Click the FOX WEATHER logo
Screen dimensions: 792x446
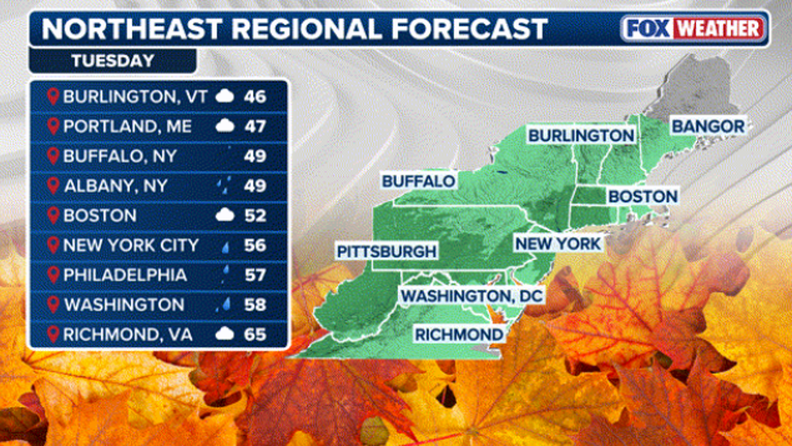coord(694,28)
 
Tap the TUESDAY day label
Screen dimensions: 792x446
coord(112,61)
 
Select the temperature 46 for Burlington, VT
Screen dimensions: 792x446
coord(255,96)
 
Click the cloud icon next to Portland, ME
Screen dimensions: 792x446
coord(225,126)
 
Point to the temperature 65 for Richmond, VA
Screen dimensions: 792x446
coord(255,334)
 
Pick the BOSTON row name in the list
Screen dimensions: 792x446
coord(100,216)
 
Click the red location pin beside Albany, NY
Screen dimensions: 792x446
coord(53,185)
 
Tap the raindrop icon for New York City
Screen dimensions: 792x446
coord(225,246)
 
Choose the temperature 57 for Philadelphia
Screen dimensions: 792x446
coord(255,275)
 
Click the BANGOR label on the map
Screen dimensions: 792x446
coord(708,126)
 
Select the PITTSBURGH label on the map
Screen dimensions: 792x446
coord(387,252)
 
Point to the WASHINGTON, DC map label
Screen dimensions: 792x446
coord(472,295)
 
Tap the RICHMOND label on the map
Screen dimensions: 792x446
coord(458,334)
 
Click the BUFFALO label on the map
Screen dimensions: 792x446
coord(419,181)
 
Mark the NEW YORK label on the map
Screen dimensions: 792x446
coord(557,243)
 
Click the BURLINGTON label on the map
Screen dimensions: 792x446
coord(581,135)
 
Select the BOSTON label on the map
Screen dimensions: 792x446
coord(642,196)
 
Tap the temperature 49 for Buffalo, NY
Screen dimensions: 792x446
coord(255,156)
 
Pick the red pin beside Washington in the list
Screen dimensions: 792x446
coord(53,305)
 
